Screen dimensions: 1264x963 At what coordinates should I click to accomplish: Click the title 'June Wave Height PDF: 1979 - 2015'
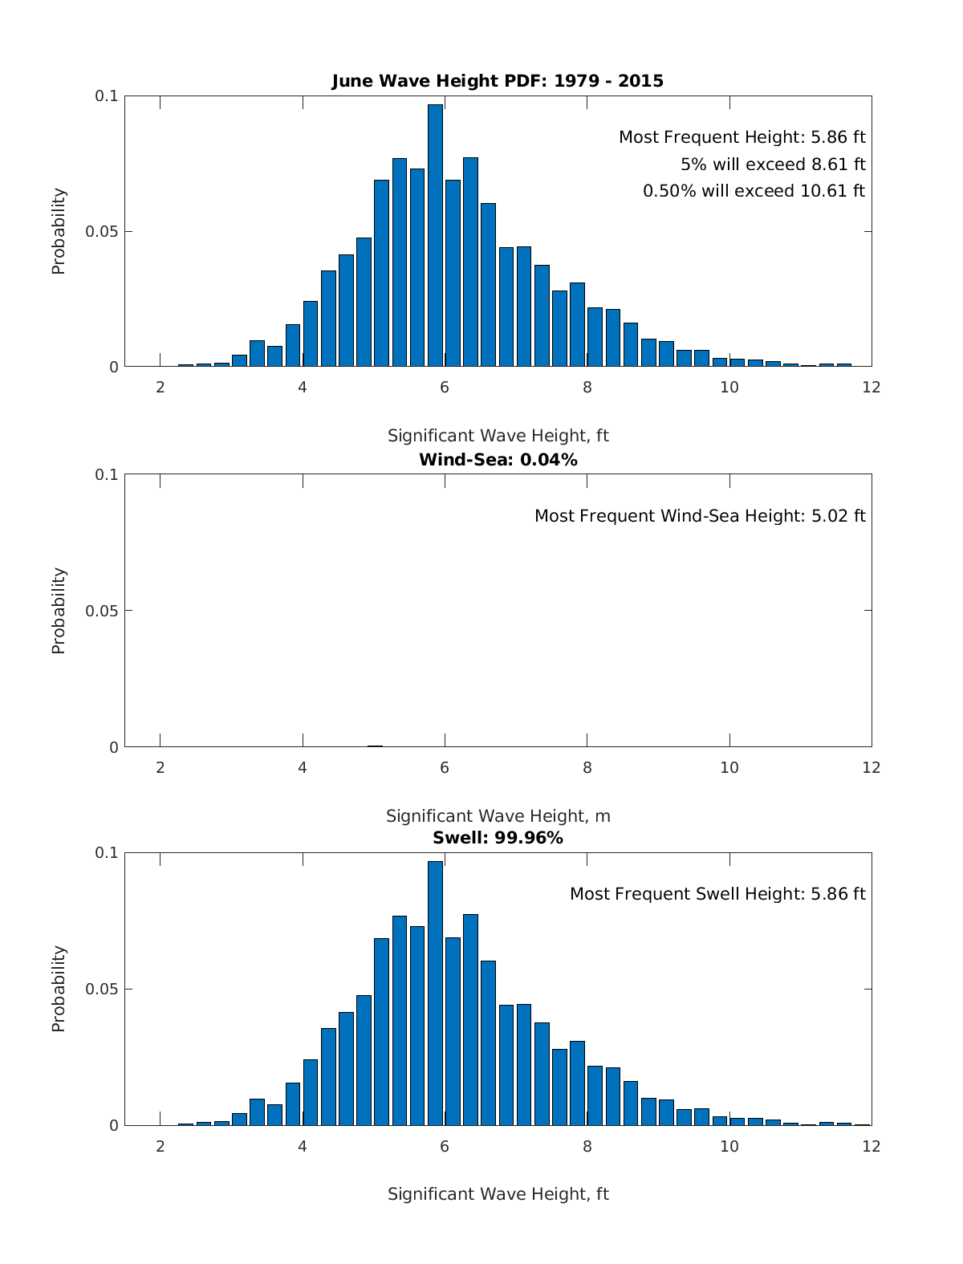[498, 81]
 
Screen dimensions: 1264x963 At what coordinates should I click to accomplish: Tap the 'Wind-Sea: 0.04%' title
[498, 460]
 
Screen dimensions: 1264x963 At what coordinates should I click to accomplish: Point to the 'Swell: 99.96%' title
[498, 839]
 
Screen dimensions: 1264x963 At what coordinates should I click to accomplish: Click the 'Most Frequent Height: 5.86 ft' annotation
[742, 137]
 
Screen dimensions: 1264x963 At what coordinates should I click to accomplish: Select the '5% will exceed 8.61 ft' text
[773, 165]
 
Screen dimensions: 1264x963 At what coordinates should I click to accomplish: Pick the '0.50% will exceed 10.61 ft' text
[754, 191]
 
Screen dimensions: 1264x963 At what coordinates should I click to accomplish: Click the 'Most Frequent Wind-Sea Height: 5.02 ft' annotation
[700, 516]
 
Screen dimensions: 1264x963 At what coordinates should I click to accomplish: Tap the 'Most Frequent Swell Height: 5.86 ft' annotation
[717, 894]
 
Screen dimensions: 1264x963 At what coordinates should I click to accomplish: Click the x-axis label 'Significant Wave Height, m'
[498, 816]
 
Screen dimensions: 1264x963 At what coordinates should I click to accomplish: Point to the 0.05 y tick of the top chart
[102, 232]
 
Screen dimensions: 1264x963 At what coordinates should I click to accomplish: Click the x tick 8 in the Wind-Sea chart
[587, 767]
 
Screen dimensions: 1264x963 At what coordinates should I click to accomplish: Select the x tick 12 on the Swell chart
[871, 1146]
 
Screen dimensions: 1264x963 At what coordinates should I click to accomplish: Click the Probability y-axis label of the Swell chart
[59, 989]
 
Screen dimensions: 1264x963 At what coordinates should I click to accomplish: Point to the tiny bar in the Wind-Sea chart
[375, 746]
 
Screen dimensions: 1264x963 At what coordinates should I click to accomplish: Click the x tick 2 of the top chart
[160, 388]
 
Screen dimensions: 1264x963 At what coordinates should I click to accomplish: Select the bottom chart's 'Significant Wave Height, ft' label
[498, 1194]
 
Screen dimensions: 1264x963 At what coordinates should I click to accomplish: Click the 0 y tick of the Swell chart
[113, 1126]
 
